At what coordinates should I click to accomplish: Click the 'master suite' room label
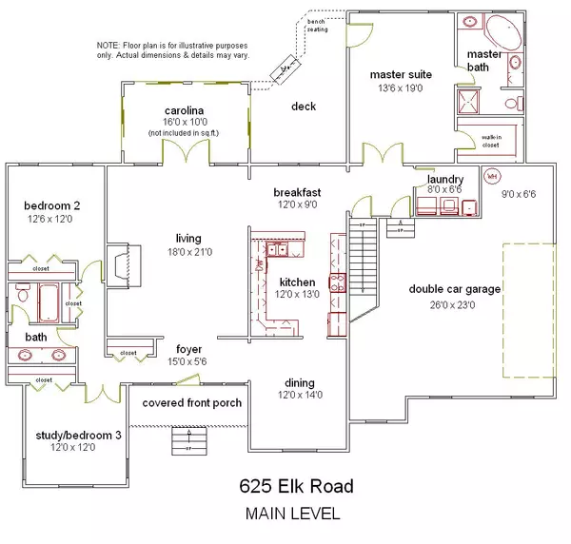(401, 74)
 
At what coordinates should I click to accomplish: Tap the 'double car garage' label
(455, 289)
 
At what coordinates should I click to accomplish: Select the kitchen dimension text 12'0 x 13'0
(297, 297)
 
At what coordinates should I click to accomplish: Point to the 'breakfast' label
(296, 191)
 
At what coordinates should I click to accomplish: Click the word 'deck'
(304, 107)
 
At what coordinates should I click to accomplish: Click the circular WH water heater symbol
(492, 176)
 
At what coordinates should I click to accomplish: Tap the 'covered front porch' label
(191, 402)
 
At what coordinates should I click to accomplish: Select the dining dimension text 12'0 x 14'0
(297, 396)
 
